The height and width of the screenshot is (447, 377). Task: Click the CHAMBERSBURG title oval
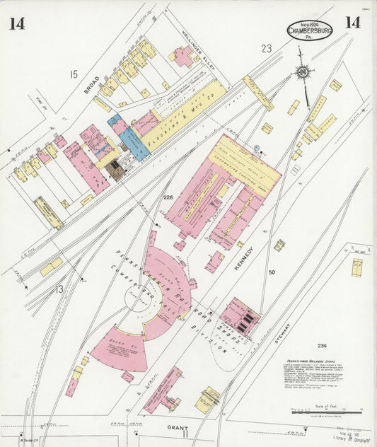click(311, 31)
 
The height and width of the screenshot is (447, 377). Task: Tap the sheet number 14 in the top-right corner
click(353, 22)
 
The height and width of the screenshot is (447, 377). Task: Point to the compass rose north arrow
click(303, 74)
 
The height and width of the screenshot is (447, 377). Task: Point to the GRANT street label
click(177, 427)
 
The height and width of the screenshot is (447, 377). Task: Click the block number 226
click(168, 197)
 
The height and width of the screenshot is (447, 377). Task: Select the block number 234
click(323, 345)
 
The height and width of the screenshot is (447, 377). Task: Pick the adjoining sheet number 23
click(266, 49)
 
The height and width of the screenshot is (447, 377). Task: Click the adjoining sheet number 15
click(73, 74)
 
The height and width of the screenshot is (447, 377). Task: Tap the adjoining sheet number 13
click(59, 289)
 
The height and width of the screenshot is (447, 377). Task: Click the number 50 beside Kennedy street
click(272, 272)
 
